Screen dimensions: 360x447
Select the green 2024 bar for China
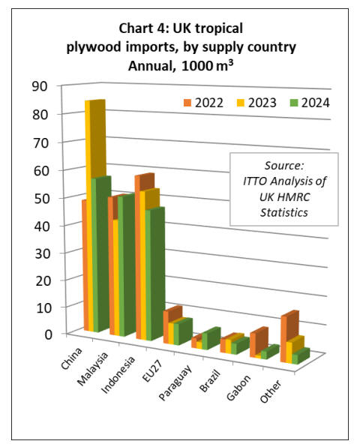[101, 253]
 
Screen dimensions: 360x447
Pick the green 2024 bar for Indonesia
[155, 274]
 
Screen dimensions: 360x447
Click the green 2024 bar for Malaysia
[127, 265]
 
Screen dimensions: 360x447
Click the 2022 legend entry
[203, 103]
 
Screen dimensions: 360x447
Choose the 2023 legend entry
[256, 103]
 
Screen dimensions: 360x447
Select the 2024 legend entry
[310, 103]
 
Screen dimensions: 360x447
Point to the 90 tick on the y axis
[40, 86]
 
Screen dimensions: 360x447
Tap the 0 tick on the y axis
[49, 334]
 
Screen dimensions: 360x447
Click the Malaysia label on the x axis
[93, 367]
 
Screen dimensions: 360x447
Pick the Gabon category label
[238, 387]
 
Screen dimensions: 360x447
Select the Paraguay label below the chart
[175, 382]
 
